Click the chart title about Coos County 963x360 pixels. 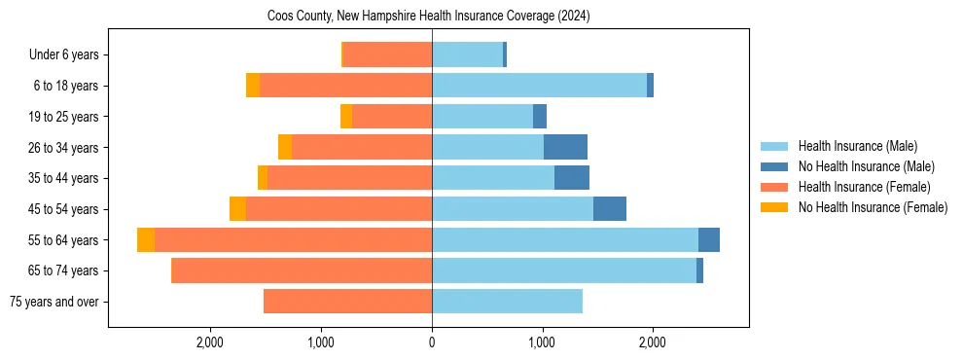(x=428, y=17)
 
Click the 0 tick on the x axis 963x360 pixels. (x=432, y=342)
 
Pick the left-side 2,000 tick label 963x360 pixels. (x=211, y=342)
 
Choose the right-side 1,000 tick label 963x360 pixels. (x=542, y=342)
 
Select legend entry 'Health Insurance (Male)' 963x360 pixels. (x=857, y=146)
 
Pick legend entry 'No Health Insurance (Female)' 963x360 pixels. (x=872, y=207)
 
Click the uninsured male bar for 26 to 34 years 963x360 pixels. (x=565, y=147)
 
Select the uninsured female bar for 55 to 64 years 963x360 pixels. (x=146, y=240)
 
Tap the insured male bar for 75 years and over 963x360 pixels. (x=507, y=302)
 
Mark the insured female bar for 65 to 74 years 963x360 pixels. (x=302, y=270)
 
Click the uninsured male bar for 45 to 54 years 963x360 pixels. (x=610, y=209)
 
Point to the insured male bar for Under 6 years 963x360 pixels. (x=467, y=55)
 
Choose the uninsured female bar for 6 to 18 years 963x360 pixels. (x=253, y=86)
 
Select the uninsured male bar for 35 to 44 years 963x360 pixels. (x=572, y=178)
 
